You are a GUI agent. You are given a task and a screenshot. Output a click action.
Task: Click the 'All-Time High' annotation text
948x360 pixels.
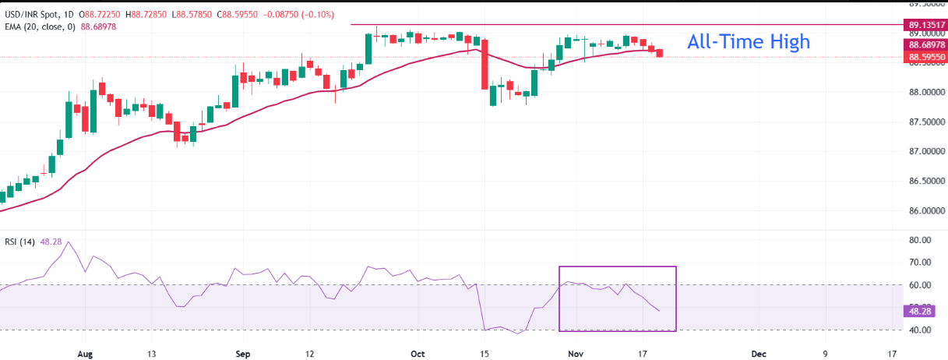(748, 42)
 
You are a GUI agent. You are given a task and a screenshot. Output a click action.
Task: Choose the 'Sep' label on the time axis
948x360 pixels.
(242, 352)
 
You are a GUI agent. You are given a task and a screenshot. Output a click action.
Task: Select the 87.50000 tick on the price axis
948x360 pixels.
(925, 122)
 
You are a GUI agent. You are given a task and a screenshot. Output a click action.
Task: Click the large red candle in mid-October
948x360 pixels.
(485, 65)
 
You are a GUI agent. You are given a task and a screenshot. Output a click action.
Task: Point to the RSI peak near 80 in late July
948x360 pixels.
(69, 242)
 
